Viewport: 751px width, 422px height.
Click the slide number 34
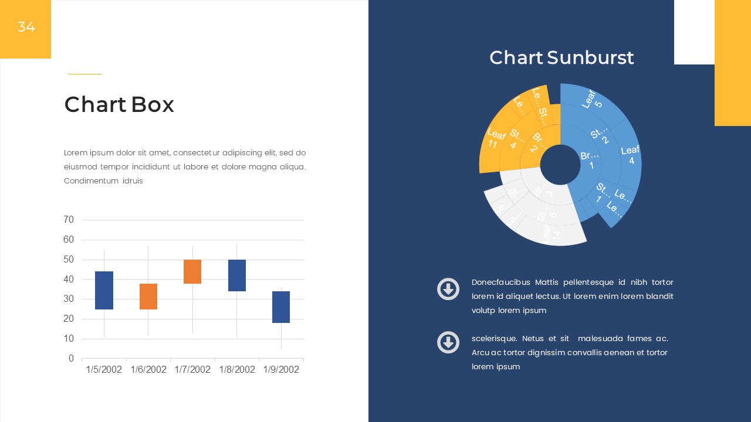(x=26, y=27)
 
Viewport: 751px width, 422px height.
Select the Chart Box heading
(x=119, y=105)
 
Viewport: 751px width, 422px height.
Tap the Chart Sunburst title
(x=561, y=57)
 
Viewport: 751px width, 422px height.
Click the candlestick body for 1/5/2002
(x=104, y=290)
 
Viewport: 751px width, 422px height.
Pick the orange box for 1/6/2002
(x=148, y=297)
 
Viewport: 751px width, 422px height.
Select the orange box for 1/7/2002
(x=192, y=271)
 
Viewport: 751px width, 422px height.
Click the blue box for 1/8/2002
(x=237, y=275)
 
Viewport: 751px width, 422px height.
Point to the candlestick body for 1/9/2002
(x=281, y=307)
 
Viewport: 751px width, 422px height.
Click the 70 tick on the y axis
(x=69, y=220)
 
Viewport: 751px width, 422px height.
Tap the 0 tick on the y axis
(x=71, y=359)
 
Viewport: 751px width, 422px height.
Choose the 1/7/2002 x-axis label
(x=192, y=370)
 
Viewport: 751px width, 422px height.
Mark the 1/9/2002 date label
(x=281, y=370)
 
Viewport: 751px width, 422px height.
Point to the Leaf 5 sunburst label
(x=593, y=99)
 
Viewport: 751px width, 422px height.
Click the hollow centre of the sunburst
(x=560, y=165)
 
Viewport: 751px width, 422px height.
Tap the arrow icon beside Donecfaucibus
(x=448, y=290)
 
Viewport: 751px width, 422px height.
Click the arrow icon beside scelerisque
(x=448, y=342)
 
